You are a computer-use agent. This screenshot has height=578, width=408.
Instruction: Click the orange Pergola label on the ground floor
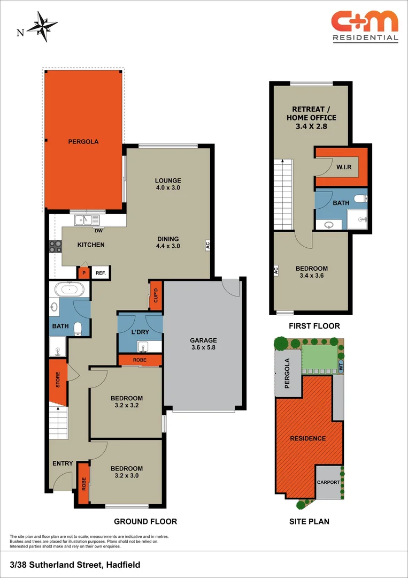[83, 142]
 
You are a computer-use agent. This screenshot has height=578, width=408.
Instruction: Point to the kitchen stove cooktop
[56, 246]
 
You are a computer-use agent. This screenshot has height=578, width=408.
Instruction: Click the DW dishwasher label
[98, 231]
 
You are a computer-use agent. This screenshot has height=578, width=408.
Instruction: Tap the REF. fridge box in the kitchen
[101, 273]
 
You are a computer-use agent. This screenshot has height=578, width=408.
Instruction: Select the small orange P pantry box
[83, 273]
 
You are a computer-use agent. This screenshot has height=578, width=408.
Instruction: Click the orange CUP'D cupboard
[156, 295]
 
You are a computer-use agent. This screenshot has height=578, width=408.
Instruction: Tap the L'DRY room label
[140, 332]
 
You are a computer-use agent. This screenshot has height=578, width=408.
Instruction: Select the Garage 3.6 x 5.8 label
[204, 344]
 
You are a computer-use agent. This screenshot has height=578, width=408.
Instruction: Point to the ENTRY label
[63, 463]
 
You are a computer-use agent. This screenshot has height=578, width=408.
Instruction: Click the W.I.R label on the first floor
[344, 168]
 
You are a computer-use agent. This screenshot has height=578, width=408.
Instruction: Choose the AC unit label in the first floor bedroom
[276, 270]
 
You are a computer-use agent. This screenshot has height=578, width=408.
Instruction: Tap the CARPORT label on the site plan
[329, 482]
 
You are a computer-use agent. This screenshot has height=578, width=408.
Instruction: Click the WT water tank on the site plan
[341, 367]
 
